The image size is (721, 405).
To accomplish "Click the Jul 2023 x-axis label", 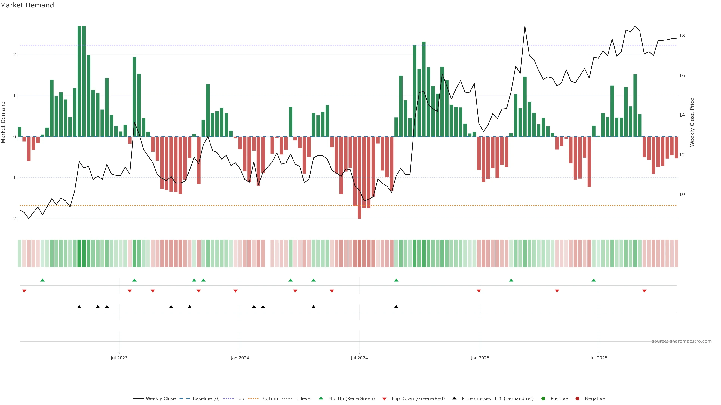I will click(119, 358).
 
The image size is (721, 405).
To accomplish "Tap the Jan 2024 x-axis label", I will click(240, 358).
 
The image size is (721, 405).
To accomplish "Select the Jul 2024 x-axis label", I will click(359, 358).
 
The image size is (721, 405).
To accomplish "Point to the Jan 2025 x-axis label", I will click(480, 358).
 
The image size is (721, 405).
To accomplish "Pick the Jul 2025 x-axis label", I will click(599, 358).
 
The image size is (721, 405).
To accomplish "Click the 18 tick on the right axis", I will click(682, 36).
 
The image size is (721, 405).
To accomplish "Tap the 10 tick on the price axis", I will click(682, 194).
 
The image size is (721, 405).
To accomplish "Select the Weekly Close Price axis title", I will click(692, 122).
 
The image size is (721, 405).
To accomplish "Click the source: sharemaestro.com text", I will click(682, 341).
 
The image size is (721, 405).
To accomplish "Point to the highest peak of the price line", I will click(525, 27).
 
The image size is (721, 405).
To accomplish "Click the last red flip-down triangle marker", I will click(644, 291).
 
